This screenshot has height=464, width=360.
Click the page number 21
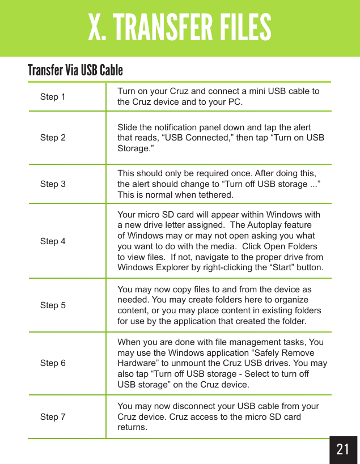[342, 450]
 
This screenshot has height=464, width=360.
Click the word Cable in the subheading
[111, 71]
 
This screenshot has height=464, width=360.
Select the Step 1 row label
[53, 97]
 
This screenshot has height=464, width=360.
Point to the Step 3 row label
[53, 184]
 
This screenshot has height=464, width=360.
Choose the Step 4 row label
[53, 241]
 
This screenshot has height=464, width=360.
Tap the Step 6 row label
[53, 363]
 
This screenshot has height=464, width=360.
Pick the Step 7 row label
[53, 417]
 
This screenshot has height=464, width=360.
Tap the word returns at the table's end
[132, 427]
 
